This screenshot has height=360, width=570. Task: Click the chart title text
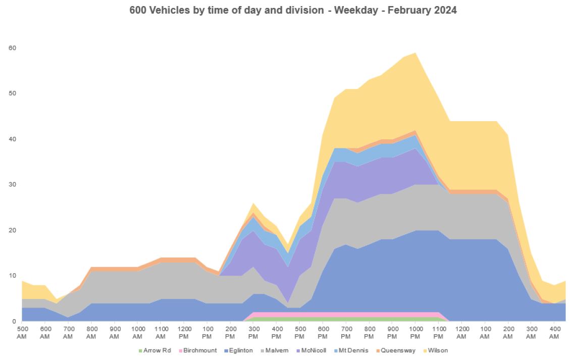coord(293,10)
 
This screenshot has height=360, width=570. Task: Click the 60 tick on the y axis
coord(13,48)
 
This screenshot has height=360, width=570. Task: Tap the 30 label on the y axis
coord(13,184)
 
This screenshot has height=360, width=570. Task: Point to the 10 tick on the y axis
coord(13,276)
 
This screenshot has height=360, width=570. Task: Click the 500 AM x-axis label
coord(22,333)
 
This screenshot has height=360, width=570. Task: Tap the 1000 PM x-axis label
coord(415,333)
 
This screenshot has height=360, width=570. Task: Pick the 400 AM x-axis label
coord(553,333)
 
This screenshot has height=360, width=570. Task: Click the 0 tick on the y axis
coord(15,321)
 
